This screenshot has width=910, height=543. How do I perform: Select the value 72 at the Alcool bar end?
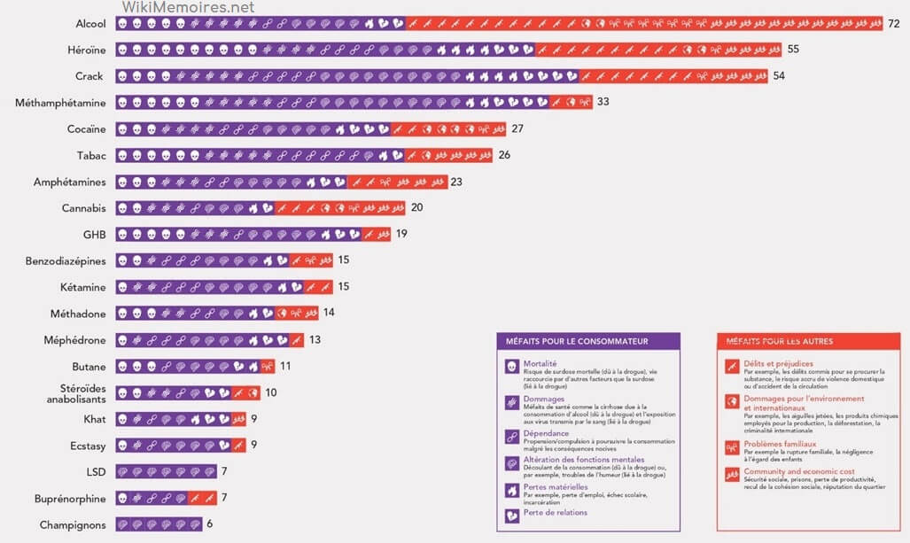(x=893, y=23)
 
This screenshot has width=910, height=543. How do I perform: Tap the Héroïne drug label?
(x=87, y=50)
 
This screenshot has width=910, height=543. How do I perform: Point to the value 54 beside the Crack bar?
(x=778, y=76)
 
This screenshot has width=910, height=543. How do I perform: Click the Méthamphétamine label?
(x=60, y=103)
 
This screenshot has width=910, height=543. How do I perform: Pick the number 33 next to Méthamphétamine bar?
(x=603, y=103)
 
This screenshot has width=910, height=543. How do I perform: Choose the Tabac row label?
(x=91, y=156)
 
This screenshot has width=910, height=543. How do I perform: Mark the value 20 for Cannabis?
(x=416, y=208)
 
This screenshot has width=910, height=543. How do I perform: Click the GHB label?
(x=94, y=235)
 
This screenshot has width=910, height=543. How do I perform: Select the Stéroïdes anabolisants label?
(x=76, y=392)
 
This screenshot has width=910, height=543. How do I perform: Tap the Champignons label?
(x=73, y=524)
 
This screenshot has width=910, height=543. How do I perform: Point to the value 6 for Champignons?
(x=209, y=524)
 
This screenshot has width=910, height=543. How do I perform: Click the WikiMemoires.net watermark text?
(x=188, y=7)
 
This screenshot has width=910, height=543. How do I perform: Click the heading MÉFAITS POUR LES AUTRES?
(x=779, y=341)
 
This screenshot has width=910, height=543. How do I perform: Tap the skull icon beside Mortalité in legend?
(x=512, y=367)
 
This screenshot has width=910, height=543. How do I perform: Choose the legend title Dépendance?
(x=546, y=434)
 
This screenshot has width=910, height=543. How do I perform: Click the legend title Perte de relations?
(x=555, y=512)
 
